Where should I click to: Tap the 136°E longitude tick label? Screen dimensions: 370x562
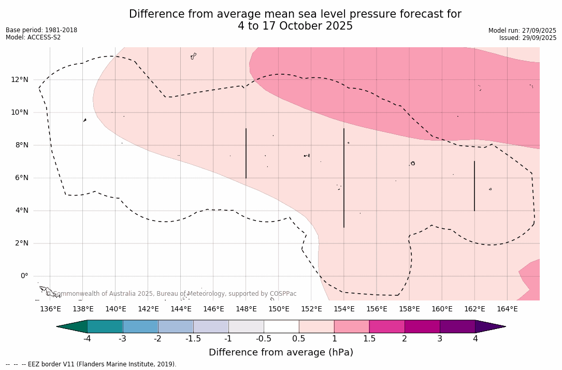tap(50, 309)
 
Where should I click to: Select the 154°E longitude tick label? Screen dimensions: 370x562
tap(344, 309)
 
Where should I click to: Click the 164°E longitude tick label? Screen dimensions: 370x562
tap(507, 309)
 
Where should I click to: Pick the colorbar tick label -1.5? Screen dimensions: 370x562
tap(193, 339)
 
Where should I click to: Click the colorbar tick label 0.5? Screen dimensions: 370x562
tap(299, 339)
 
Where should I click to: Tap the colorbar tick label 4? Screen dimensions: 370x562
tap(475, 339)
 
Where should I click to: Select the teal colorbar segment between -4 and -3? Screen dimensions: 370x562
tap(105, 326)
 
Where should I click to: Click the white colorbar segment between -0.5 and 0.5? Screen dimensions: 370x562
tap(281, 326)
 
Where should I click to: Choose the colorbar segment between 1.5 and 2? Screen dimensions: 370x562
tap(387, 326)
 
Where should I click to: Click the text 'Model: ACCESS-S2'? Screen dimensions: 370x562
tap(33, 37)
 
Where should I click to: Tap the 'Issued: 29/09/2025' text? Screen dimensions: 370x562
tap(527, 38)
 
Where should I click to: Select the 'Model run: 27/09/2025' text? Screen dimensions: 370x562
tap(522, 31)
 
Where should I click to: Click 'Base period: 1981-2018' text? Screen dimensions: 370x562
tap(41, 30)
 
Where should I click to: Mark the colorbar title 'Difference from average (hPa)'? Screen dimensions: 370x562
tap(281, 353)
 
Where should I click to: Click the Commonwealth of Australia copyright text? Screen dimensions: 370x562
tap(171, 294)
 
